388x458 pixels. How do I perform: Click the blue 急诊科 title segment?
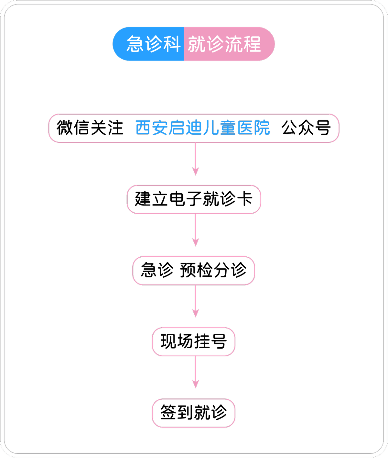click(148, 44)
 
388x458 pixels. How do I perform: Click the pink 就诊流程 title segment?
click(230, 44)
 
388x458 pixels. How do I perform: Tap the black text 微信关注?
click(90, 128)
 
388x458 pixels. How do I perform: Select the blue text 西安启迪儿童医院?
click(202, 128)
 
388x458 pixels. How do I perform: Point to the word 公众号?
click(306, 128)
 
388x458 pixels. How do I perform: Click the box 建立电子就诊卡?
click(194, 199)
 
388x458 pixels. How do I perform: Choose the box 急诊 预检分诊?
click(194, 271)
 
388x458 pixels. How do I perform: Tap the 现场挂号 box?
click(193, 342)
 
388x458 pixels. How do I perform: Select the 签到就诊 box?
click(193, 413)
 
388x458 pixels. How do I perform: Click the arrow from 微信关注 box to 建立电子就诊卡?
click(195, 159)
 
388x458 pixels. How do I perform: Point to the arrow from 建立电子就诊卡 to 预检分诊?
click(195, 230)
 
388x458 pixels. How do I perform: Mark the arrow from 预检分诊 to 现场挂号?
click(195, 301)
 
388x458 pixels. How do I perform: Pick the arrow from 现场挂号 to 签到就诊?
click(195, 373)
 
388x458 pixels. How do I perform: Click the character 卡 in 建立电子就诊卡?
click(244, 199)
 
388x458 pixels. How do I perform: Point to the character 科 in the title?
click(172, 44)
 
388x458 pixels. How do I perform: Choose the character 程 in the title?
click(252, 44)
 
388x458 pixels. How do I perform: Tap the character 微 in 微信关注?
click(65, 128)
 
